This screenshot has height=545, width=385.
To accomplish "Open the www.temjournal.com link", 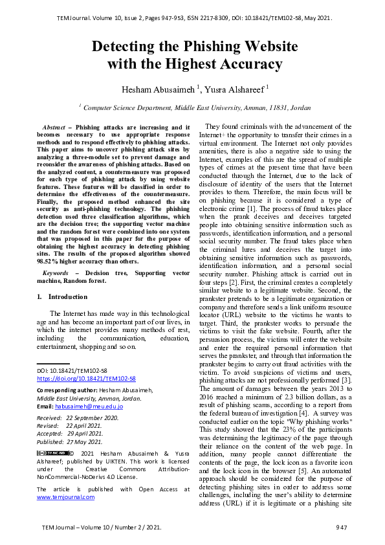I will pyautogui.click(x=65, y=496).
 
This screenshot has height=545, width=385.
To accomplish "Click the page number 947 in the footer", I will pyautogui.click(x=342, y=528).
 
